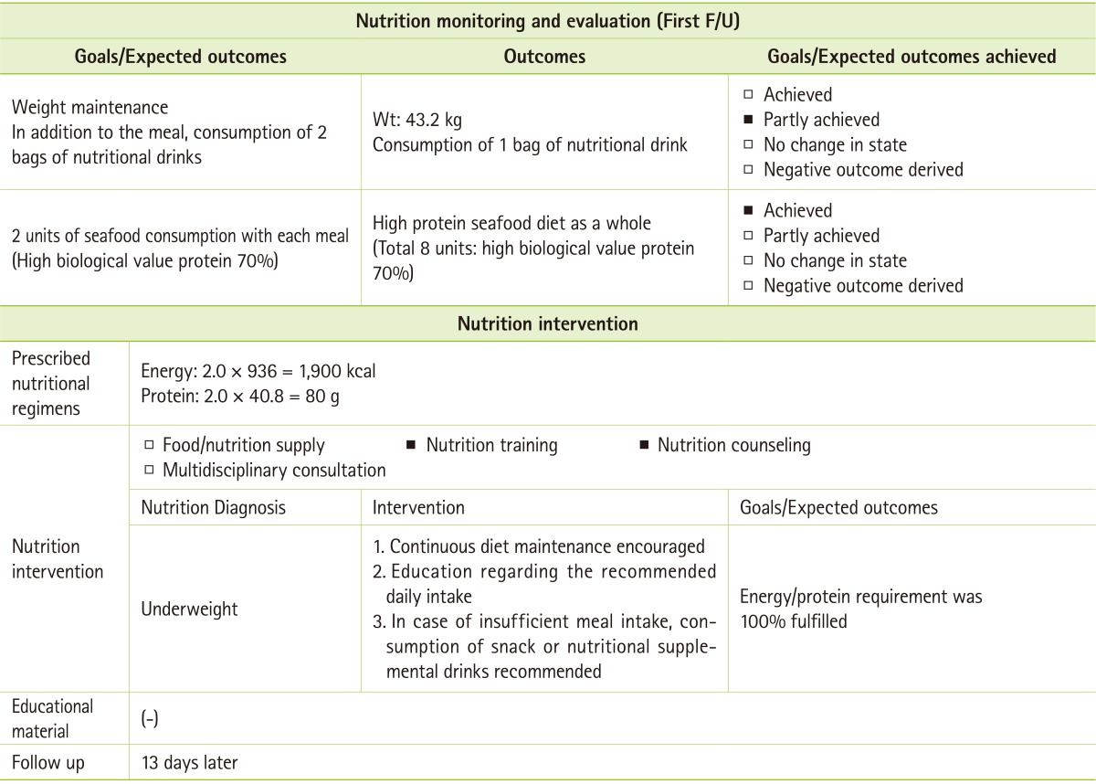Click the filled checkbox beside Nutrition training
coord(411,446)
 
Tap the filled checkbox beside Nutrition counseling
coord(643,446)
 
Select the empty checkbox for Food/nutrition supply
coord(149,446)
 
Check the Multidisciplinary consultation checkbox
coord(149,471)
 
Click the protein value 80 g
coord(306,396)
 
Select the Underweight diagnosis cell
coord(189,609)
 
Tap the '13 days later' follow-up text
coord(189,762)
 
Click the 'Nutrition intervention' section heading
coord(547,323)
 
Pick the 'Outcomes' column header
coord(544,57)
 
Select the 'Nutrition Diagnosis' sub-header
coord(213,508)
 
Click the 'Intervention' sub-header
coord(418,508)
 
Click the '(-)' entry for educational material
coord(150,719)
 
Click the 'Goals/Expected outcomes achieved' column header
coord(912,57)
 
